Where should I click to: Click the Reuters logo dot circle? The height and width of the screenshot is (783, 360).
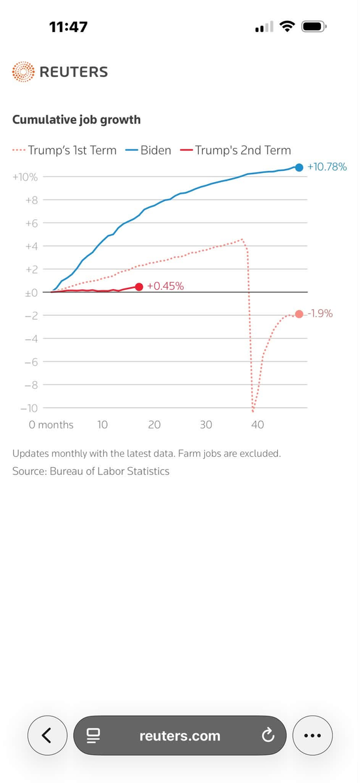[x=23, y=72]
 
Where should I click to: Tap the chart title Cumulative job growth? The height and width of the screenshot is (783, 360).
[x=76, y=119]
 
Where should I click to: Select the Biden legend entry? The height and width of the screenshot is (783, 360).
[x=148, y=150]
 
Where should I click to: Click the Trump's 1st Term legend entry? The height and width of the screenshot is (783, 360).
[x=65, y=150]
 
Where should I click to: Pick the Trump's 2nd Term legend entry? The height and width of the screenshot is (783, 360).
[x=235, y=150]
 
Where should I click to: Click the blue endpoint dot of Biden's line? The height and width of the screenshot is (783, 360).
[x=299, y=168]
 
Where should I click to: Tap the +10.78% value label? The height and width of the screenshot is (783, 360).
[x=327, y=167]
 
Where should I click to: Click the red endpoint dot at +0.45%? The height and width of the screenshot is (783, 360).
[x=139, y=286]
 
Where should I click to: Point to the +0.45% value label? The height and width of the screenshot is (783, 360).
[x=165, y=286]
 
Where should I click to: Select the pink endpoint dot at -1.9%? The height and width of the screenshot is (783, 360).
[x=299, y=314]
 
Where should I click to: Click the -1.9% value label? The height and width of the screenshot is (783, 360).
[x=320, y=313]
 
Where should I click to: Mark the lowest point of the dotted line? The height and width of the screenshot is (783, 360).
[x=253, y=410]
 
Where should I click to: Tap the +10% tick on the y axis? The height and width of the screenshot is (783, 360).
[x=25, y=177]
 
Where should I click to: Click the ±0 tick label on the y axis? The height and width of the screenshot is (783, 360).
[x=31, y=292]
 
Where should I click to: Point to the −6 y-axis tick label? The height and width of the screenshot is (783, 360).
[x=31, y=361]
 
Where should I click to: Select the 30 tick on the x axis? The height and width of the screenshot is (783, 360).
[x=206, y=425]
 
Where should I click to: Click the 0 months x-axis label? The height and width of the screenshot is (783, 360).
[x=51, y=425]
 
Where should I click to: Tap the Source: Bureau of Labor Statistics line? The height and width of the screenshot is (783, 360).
[x=91, y=471]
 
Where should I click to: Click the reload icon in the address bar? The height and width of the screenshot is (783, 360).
[x=268, y=735]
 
